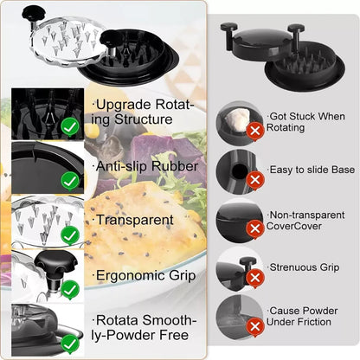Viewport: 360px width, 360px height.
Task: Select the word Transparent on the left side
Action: [x=134, y=220]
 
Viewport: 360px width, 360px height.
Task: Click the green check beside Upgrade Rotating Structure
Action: [x=70, y=127]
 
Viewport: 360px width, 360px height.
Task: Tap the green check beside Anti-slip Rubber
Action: [x=70, y=182]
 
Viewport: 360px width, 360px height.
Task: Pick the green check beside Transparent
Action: [x=70, y=235]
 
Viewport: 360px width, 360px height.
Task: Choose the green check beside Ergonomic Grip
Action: [x=70, y=290]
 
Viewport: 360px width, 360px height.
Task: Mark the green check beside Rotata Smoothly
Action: [x=70, y=344]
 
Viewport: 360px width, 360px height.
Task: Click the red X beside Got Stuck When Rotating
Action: [x=254, y=131]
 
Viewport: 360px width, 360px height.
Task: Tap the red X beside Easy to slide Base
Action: [x=254, y=180]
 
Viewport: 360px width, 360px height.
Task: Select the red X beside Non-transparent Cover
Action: [x=254, y=228]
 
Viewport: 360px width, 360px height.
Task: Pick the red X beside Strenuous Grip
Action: [x=254, y=277]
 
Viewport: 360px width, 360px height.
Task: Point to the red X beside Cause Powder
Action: [x=254, y=326]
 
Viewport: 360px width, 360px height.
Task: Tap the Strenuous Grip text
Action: [x=304, y=267]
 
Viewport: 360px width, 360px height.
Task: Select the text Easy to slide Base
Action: [x=307, y=170]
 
